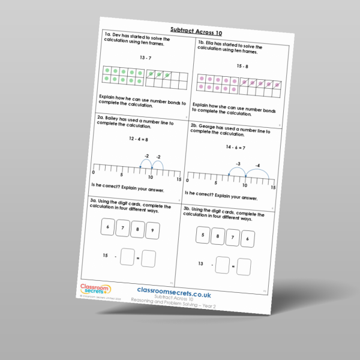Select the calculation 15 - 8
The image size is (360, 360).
[x=242, y=66]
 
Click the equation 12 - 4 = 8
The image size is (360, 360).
[x=139, y=139]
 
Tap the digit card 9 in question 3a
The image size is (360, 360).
[x=152, y=230]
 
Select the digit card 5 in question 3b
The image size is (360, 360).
[x=203, y=236]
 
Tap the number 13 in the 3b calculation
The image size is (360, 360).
[x=200, y=263]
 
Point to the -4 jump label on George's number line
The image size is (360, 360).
[x=257, y=166]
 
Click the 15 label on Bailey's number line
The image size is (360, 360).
[x=178, y=180]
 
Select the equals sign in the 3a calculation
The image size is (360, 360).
[x=137, y=258]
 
